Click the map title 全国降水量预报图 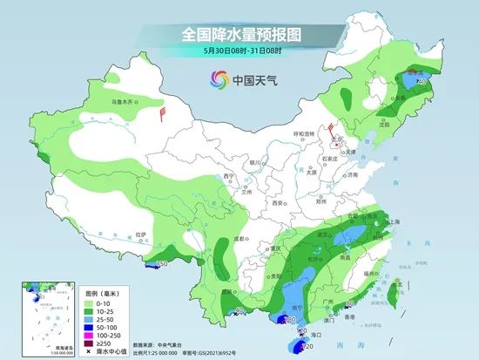[239, 35]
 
